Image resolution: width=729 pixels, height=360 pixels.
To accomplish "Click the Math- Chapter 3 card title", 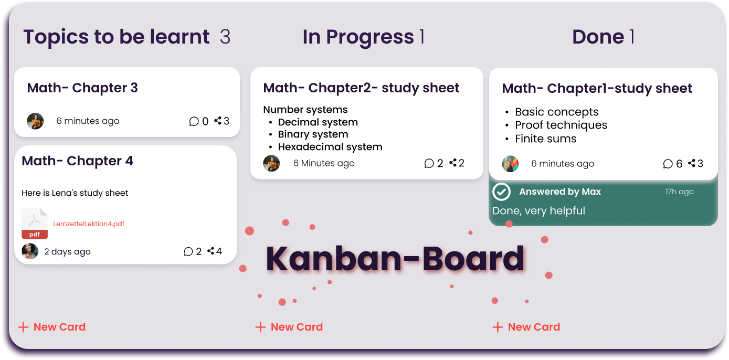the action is (82, 88).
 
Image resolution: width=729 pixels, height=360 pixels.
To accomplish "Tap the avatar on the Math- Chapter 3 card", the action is (35, 121).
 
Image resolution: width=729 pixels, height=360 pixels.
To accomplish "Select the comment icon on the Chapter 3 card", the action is (194, 121).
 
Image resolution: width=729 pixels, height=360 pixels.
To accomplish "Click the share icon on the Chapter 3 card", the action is (218, 121).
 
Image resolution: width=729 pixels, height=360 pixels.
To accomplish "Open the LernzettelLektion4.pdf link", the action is (89, 224).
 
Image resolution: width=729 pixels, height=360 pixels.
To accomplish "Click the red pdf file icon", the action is (35, 223).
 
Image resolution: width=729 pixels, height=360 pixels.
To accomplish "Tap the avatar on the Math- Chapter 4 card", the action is (30, 251).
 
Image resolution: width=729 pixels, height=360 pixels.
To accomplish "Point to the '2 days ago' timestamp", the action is (67, 251).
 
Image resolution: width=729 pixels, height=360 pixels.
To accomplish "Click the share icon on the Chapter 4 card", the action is (210, 251).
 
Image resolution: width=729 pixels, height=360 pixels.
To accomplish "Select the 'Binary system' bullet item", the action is (313, 134).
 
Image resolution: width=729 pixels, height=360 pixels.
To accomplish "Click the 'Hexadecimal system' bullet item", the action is (330, 147).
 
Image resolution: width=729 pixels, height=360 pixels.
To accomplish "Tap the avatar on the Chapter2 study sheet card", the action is (271, 163).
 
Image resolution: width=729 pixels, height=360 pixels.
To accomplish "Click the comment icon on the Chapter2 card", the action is (429, 163).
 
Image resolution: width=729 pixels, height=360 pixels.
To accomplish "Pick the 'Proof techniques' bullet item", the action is (561, 125).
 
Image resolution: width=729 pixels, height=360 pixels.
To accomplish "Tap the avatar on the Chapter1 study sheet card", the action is (510, 164).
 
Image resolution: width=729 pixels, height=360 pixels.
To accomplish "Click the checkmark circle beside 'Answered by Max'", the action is (501, 192).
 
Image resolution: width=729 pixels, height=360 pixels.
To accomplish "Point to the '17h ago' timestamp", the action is (679, 192).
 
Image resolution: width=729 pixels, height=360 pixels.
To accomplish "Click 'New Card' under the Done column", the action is (526, 327).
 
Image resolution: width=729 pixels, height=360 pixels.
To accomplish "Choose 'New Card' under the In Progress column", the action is (289, 327).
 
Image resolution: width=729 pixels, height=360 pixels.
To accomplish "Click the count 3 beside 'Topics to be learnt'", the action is (225, 36).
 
